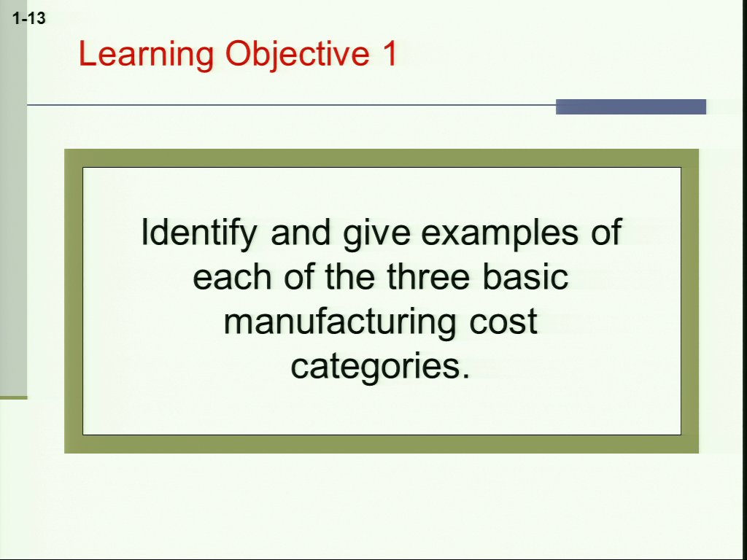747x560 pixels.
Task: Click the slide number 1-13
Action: click(29, 18)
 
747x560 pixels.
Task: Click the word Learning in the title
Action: click(146, 54)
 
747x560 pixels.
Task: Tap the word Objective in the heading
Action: click(298, 54)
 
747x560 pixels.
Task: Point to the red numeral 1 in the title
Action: click(390, 52)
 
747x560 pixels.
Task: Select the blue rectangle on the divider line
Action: click(631, 106)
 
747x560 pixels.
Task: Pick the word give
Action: click(376, 234)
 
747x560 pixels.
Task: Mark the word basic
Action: click(525, 276)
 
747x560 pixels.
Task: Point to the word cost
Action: click(503, 322)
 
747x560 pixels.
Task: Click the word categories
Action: click(376, 367)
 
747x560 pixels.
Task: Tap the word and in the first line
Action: click(301, 232)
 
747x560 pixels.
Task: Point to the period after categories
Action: click(466, 376)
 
